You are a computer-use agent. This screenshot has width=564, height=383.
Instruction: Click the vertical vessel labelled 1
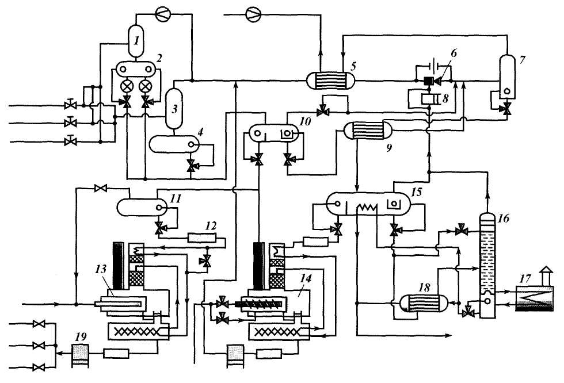136,41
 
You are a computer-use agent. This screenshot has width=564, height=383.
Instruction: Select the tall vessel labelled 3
174,109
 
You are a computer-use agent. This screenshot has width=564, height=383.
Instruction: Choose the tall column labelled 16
487,265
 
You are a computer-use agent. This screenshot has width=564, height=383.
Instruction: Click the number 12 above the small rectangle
211,227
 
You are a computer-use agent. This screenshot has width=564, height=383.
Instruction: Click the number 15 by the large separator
416,192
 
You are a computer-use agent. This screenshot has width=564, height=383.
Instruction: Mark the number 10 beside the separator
304,121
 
